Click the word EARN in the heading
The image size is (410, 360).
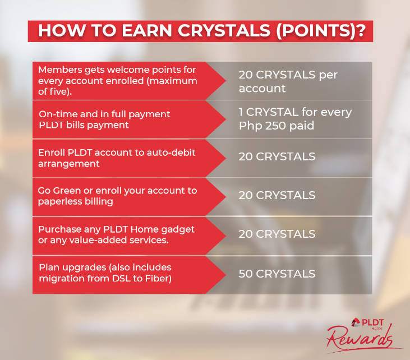point(147,31)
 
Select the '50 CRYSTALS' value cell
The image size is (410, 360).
point(277,274)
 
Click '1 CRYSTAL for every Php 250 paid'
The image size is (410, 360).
point(295,119)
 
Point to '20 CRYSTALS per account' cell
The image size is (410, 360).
point(288,81)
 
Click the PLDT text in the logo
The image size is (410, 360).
point(372,322)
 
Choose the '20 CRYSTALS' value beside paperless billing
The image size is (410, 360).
point(277,195)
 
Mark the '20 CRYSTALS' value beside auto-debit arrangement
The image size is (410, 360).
point(277,156)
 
